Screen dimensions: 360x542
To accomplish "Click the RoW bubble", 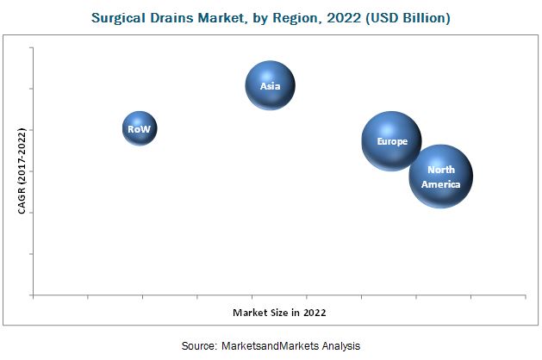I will coord(140,129).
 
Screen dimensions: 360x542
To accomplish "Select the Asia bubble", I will coord(271,84).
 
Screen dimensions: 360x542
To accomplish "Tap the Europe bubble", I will coord(391,140).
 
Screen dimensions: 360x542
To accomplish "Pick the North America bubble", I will coord(441,177).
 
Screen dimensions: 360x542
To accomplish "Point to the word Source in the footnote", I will coord(200,345).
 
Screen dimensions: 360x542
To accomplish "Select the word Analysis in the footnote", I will coord(340,345).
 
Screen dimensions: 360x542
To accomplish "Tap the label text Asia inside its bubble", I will coord(271,85).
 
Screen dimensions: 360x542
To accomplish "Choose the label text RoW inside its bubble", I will coord(140,129).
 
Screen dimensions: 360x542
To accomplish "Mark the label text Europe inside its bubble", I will coord(391,140).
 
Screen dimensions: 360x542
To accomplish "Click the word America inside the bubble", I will coord(441,183).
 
